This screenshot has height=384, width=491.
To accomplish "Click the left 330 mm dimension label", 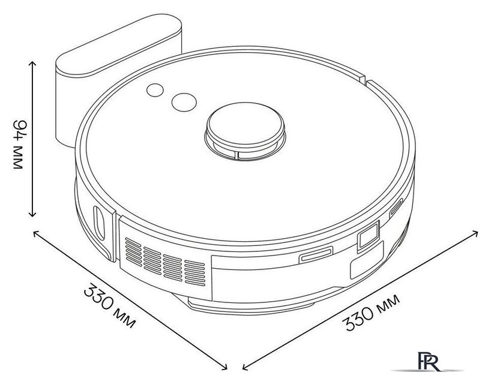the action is (x=110, y=305).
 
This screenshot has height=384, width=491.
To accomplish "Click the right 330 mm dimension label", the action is (x=371, y=312).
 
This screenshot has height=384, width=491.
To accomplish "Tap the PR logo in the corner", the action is (x=429, y=361).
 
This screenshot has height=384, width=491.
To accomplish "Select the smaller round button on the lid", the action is (x=155, y=90).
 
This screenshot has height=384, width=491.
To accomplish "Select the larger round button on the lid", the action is (x=184, y=102).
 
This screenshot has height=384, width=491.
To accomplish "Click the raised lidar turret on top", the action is (x=245, y=131).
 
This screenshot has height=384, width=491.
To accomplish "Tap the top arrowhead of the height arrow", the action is (x=32, y=62).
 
